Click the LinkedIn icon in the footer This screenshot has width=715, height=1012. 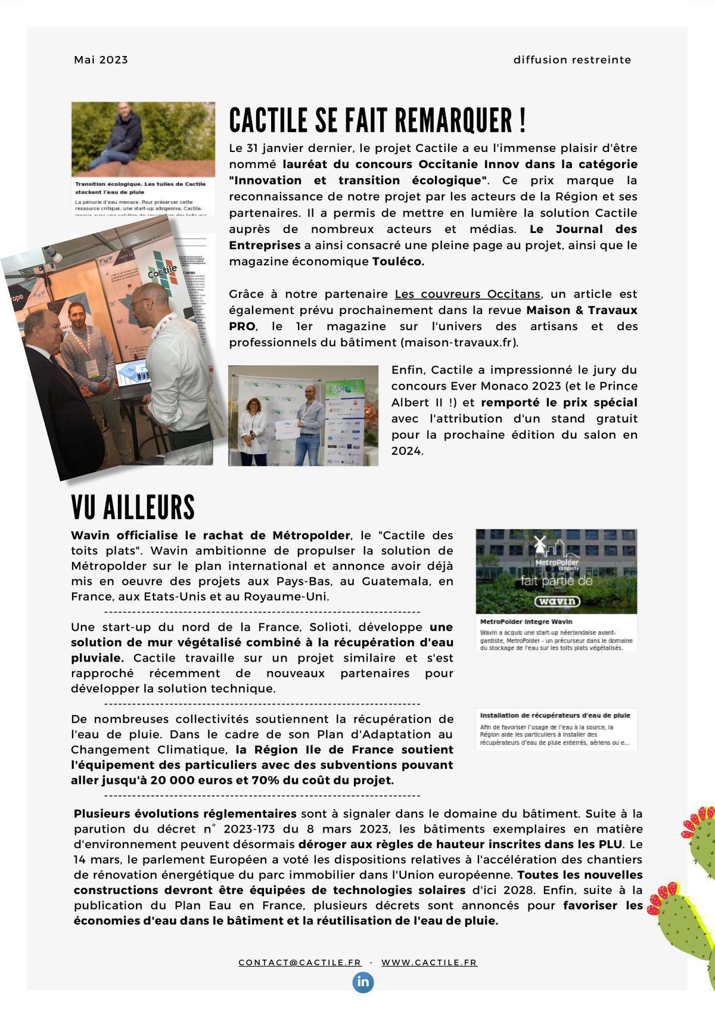click(x=363, y=982)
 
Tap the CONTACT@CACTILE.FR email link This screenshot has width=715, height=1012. click(x=300, y=963)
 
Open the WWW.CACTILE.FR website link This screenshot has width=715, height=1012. click(x=429, y=963)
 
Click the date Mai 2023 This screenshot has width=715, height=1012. click(x=101, y=60)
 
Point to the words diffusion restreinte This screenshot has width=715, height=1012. click(x=572, y=60)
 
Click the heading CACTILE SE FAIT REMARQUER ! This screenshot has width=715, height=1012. click(x=377, y=120)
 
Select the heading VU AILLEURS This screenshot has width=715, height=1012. click(x=133, y=507)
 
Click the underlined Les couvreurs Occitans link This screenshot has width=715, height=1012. click(x=468, y=294)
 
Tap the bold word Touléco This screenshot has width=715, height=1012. click(x=398, y=261)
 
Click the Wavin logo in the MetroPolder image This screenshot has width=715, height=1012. click(x=557, y=601)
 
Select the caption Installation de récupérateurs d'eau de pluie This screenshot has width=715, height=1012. click(x=555, y=715)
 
